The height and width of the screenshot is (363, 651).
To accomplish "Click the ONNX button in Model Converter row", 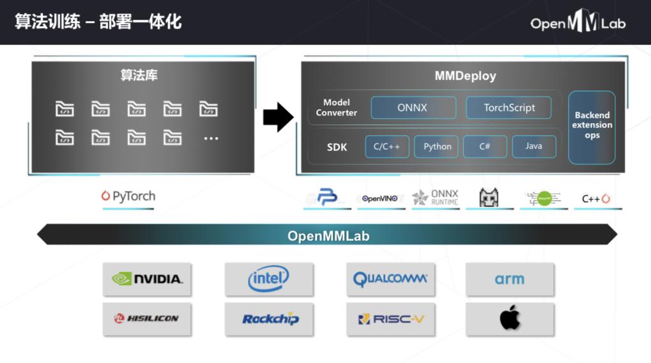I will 413,108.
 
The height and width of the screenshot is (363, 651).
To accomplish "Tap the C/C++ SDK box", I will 386,147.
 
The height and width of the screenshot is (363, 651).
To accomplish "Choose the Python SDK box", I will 437,147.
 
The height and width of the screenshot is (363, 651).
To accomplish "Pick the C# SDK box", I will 485,147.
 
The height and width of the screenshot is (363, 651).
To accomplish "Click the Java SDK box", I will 534,147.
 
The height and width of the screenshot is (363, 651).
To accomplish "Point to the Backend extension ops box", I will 592,126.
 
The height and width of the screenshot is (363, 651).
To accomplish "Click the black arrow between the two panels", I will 278,117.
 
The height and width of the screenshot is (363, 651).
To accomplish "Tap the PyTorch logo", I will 128,196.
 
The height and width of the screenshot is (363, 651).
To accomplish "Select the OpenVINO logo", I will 380,198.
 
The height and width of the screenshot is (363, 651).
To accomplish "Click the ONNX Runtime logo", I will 435,198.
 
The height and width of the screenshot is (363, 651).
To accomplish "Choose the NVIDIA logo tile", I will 147,279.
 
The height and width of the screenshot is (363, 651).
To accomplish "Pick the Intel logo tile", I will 268,279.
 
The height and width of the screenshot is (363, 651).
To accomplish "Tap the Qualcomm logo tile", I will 390,279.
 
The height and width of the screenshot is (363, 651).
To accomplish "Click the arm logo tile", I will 509,279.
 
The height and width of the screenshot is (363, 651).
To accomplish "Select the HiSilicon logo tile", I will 147,318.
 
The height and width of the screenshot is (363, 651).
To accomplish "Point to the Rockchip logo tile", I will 268,318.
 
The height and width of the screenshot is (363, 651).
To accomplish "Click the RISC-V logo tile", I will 390,318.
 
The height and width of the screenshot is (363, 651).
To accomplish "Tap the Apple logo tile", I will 509,318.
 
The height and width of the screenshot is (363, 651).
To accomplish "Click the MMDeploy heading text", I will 465,76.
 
